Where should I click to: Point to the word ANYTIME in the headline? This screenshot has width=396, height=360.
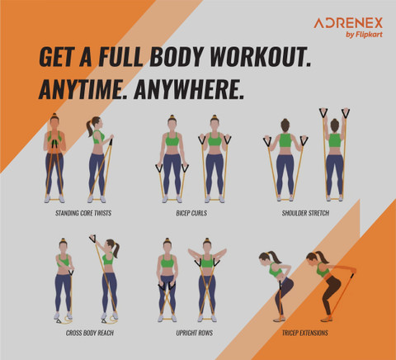[x=78, y=90]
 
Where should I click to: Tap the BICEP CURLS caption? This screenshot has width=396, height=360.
[x=191, y=213]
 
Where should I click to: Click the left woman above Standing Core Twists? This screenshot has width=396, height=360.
[x=54, y=157]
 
